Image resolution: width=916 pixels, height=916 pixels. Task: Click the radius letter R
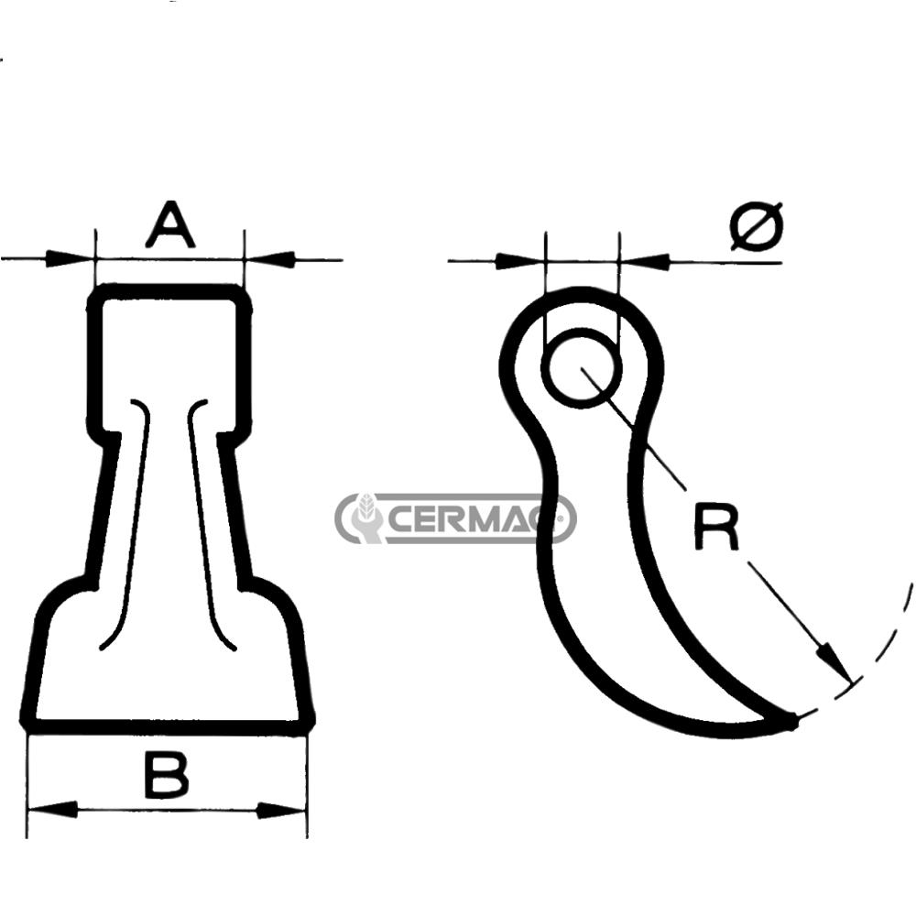tap(715, 529)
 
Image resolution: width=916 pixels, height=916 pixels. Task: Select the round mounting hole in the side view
tap(582, 368)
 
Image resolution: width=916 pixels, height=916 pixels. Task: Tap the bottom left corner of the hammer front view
tap(27, 724)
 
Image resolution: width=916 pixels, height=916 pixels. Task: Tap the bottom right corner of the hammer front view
tap(308, 724)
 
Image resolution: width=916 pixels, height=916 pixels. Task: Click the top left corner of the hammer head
tap(96, 293)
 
